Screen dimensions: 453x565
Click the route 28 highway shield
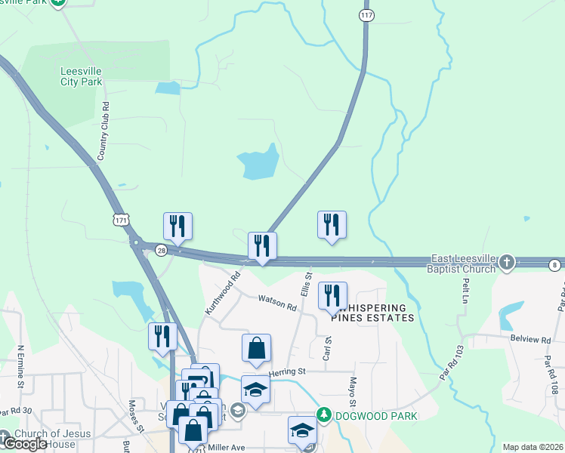click(161, 250)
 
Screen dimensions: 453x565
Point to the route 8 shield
click(555, 263)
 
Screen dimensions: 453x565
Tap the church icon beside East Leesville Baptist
click(507, 263)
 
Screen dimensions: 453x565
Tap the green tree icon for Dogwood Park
click(324, 414)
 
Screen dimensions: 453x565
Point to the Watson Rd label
click(277, 303)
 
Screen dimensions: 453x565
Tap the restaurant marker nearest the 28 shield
click(178, 226)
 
